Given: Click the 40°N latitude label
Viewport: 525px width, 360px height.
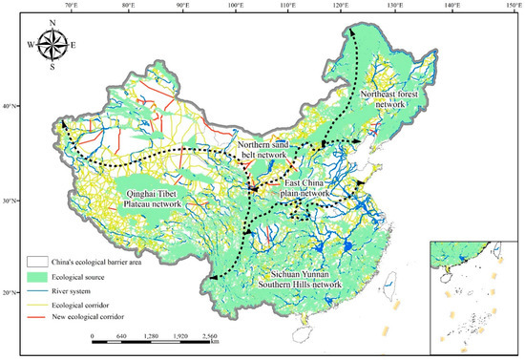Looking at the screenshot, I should click(x=10, y=106).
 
